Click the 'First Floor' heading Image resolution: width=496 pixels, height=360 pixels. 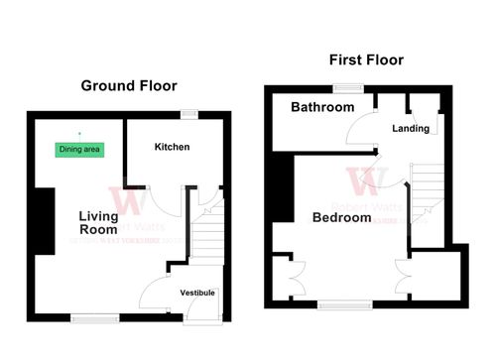[366, 60]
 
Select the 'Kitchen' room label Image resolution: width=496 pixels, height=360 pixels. [172, 147]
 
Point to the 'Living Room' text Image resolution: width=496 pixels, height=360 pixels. [98, 223]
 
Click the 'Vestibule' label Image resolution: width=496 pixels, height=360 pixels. [196, 293]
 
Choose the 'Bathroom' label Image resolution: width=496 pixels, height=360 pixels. [322, 107]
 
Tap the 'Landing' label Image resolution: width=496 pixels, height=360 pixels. [411, 129]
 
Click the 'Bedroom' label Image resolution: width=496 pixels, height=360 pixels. [341, 217]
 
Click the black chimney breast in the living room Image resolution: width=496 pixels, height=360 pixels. [44, 220]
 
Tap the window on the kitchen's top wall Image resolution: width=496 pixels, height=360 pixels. [187, 113]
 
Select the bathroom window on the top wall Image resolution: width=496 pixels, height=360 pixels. [347, 88]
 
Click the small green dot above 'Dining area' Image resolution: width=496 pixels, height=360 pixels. [78, 133]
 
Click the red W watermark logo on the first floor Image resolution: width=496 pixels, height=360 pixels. [367, 180]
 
